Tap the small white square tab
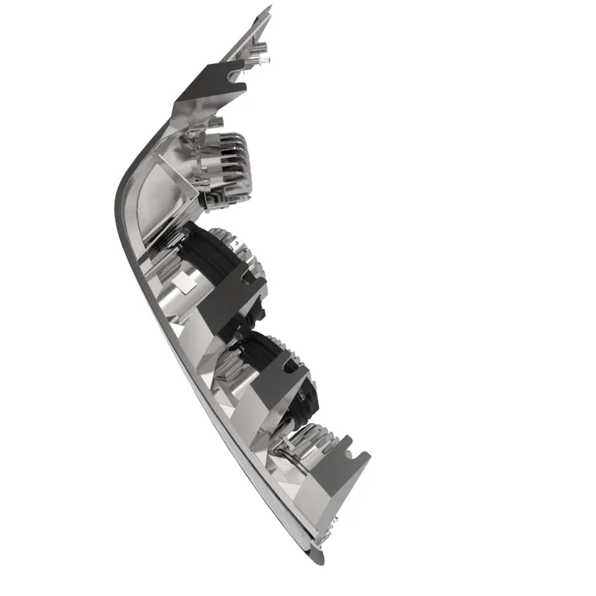click(x=184, y=281)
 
